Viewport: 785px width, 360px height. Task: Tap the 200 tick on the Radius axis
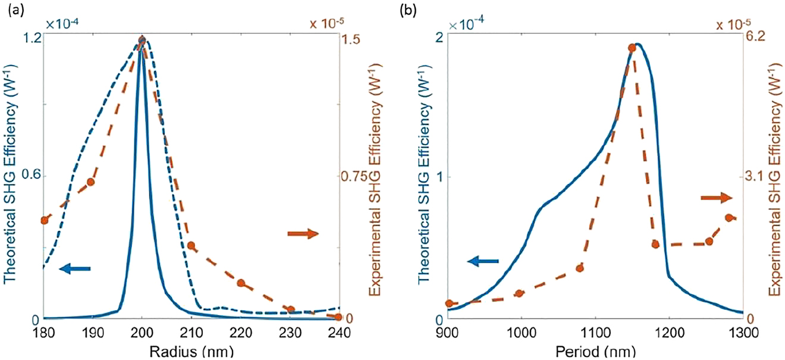142,331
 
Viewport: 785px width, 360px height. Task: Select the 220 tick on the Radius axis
241,331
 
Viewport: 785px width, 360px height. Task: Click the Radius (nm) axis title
191,351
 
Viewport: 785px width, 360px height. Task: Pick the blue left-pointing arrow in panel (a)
75,270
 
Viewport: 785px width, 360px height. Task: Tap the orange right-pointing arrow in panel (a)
303,234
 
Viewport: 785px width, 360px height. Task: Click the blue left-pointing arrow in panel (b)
482,260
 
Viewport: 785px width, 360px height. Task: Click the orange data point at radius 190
91,181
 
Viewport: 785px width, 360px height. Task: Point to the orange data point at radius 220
241,283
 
